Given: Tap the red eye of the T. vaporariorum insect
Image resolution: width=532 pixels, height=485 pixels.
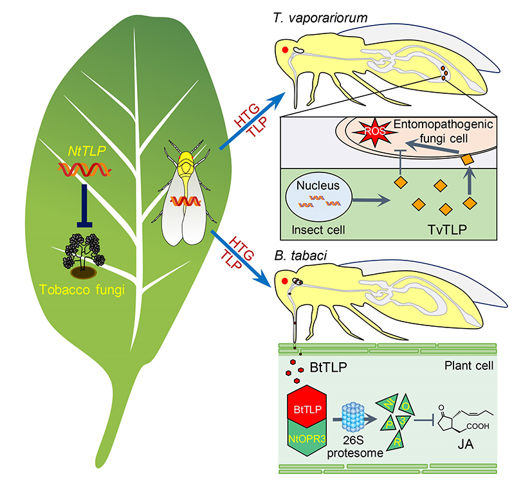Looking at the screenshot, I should point(284,48).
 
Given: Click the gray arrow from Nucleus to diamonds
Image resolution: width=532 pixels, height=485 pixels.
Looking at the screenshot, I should point(373,201).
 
